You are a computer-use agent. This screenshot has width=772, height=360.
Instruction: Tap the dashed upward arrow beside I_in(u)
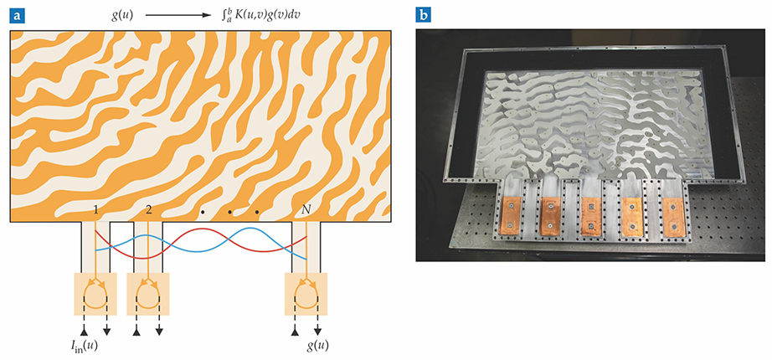click(x=86, y=327)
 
